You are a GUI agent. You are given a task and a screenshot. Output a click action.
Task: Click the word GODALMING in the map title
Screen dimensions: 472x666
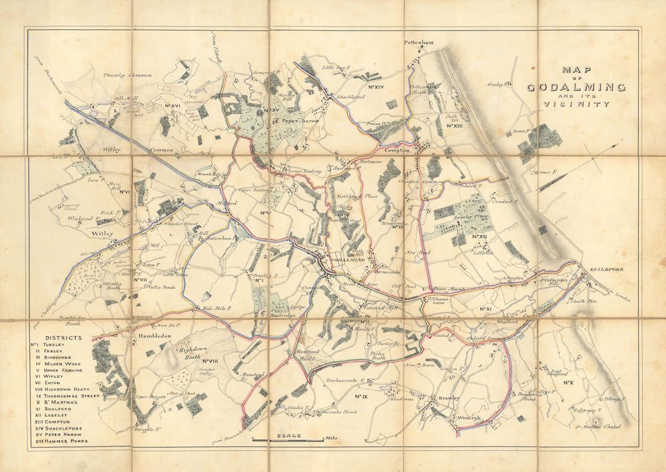tap(576, 87)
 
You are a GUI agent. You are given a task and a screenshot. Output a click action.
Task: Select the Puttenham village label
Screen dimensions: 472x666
tap(419, 43)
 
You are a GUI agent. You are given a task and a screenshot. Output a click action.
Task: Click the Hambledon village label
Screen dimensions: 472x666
tap(155, 337)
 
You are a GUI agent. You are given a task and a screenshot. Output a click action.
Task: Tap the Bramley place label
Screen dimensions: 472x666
tap(450, 398)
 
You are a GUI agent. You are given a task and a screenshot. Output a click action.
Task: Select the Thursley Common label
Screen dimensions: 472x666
tap(127, 75)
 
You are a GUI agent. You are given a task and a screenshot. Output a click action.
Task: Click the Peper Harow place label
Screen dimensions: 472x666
tap(300, 122)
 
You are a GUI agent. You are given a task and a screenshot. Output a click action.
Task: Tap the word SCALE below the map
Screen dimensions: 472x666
tap(288, 436)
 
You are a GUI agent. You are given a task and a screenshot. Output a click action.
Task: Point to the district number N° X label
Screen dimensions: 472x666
tap(568, 383)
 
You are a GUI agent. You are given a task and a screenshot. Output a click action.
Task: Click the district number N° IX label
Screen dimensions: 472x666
tap(362, 397)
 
